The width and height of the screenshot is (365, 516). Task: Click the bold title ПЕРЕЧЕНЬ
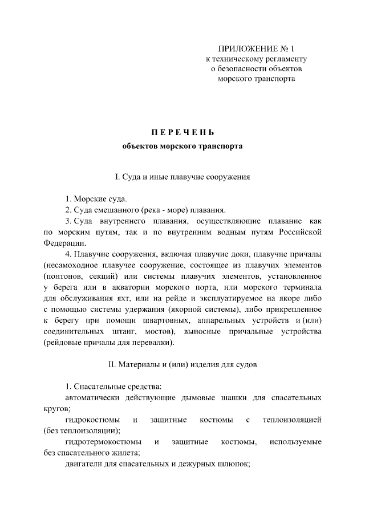(182, 133)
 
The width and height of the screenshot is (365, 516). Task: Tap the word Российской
(302, 232)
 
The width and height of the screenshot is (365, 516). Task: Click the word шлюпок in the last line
(236, 464)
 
